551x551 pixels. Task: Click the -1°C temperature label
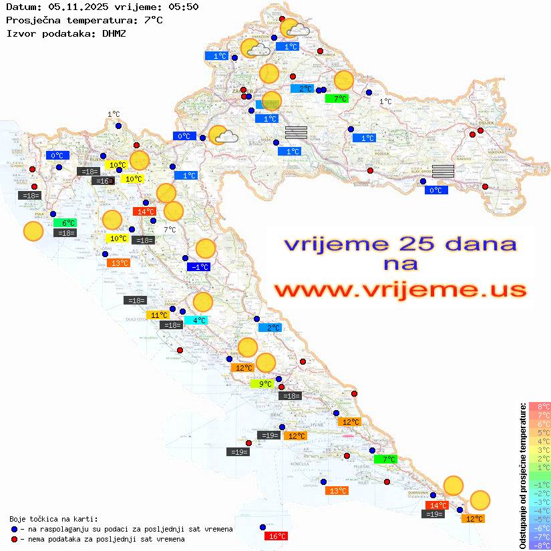(x=200, y=267)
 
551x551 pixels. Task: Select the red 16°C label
(x=277, y=536)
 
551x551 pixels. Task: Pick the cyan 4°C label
(x=198, y=321)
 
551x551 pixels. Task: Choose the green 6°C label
(x=68, y=223)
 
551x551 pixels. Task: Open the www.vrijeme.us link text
(x=399, y=291)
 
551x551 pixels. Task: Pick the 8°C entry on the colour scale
(x=540, y=406)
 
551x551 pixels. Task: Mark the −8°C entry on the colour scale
(x=540, y=546)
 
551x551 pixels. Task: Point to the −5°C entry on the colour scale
(x=540, y=519)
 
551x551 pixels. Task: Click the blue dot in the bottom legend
(x=15, y=529)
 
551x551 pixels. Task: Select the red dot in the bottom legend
(x=15, y=538)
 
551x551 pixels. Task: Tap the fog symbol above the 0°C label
(x=443, y=170)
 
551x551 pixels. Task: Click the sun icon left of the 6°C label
(x=33, y=231)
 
